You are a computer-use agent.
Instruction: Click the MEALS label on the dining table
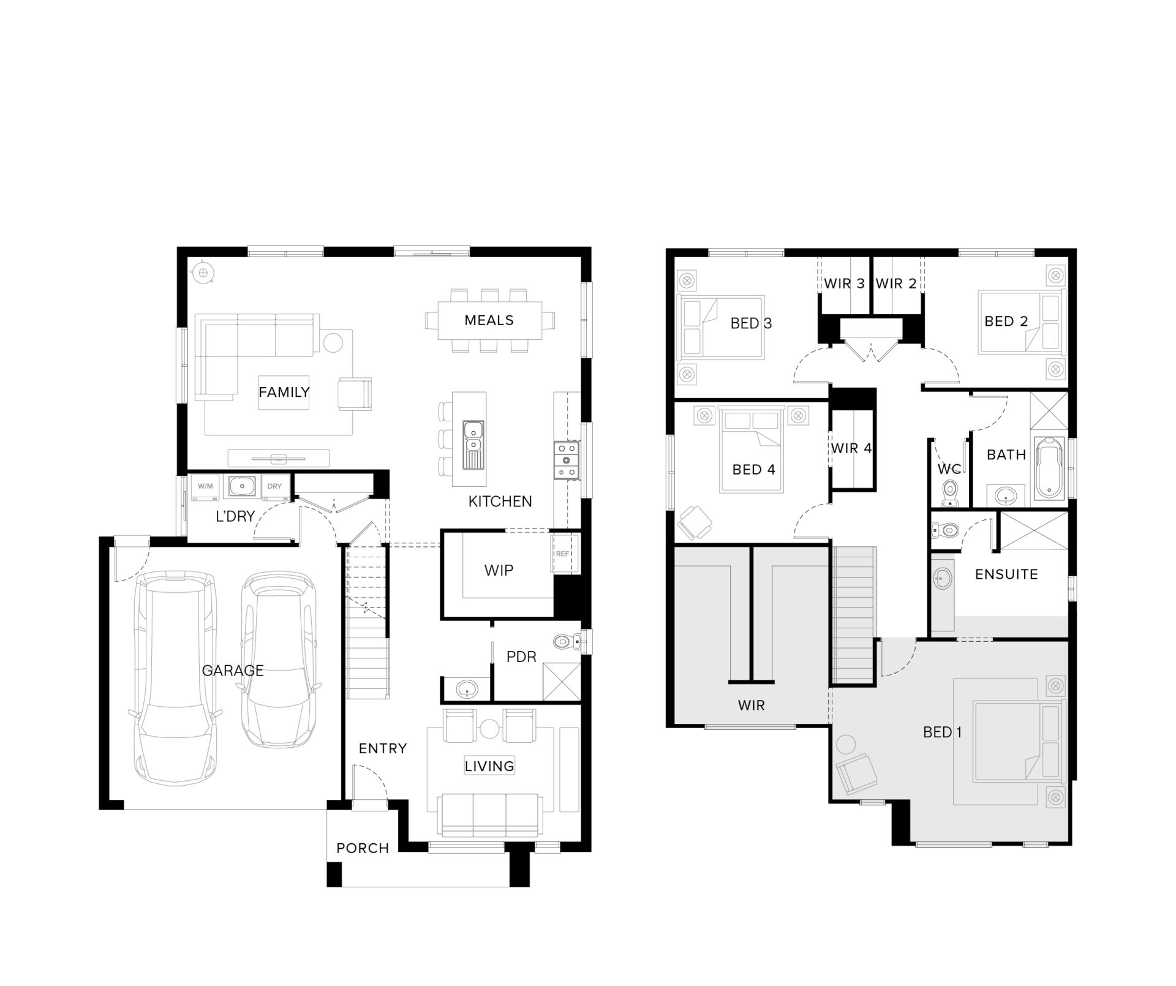[x=489, y=320]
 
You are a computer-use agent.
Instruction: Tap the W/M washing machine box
[x=205, y=486]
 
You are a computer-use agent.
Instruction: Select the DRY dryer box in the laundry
[x=274, y=486]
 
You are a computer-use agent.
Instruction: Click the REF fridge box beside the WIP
[x=562, y=554]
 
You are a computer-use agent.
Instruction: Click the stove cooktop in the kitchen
[x=567, y=460]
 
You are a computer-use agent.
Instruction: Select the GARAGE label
[x=233, y=671]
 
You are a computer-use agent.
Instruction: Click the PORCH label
[x=363, y=848]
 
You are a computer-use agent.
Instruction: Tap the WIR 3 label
[x=844, y=284]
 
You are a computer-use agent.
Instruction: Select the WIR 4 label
[x=851, y=448]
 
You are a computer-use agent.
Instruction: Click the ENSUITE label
[x=1006, y=574]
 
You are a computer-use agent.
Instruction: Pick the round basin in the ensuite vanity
[x=941, y=578]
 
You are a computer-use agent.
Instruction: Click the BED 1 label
[x=942, y=732]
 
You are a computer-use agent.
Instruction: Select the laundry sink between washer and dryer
[x=242, y=486]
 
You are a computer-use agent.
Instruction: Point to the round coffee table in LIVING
[x=489, y=728]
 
